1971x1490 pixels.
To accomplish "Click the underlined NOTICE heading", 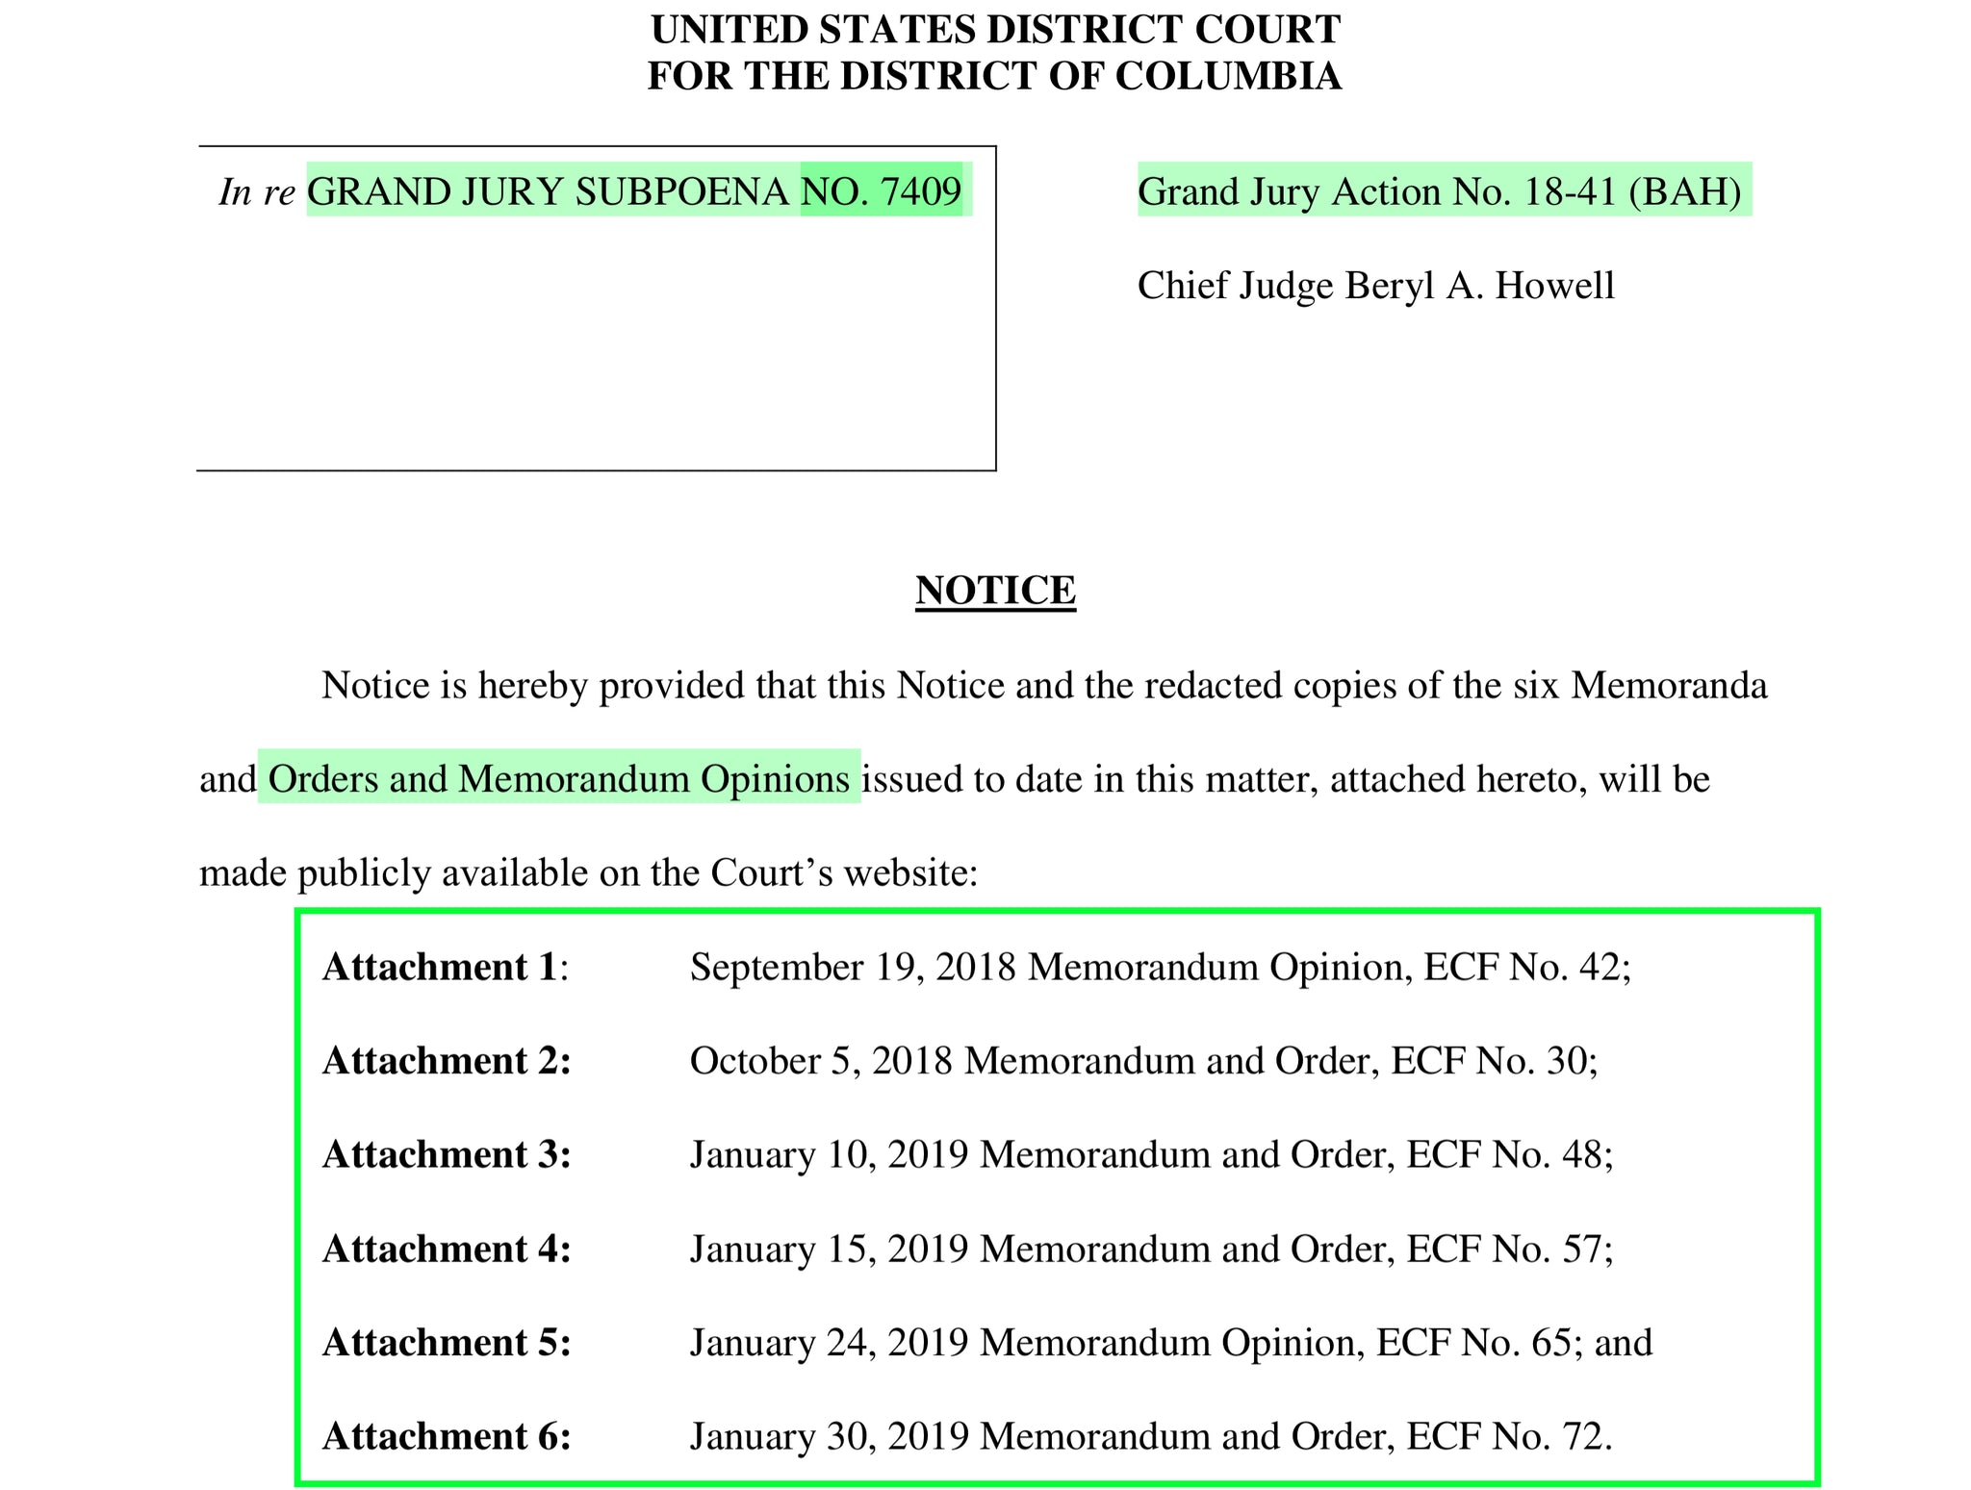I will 995,590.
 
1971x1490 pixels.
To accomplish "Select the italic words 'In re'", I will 256,191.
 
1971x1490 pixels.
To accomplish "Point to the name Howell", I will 1554,286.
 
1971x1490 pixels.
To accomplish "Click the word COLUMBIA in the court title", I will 1228,76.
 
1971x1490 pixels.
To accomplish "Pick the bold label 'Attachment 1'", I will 441,967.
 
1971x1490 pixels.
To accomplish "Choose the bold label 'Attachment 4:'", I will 447,1249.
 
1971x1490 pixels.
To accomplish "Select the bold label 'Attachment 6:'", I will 447,1436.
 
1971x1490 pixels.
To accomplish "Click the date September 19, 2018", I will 853,967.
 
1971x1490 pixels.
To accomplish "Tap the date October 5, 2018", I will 821,1061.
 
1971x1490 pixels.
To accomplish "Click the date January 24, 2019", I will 829,1342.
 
